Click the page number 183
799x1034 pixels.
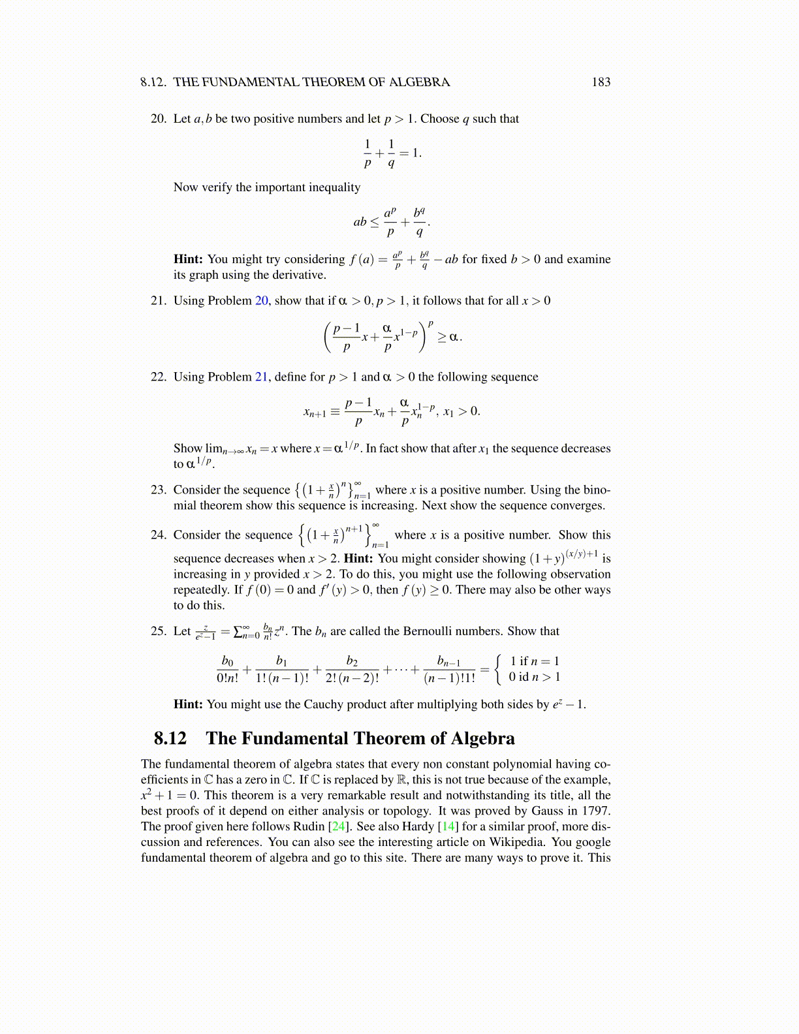tap(601, 82)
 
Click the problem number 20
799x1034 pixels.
tap(158, 119)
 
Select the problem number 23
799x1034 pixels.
tap(158, 490)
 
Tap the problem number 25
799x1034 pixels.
tap(158, 631)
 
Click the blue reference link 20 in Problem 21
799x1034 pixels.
tap(261, 301)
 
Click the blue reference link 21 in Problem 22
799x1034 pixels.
tap(261, 377)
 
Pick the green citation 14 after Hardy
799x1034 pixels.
tap(448, 826)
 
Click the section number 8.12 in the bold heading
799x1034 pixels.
tap(170, 738)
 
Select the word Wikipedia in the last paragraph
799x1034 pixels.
tap(517, 842)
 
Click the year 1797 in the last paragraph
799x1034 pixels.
tap(595, 811)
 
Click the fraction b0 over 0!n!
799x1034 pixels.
tap(228, 669)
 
